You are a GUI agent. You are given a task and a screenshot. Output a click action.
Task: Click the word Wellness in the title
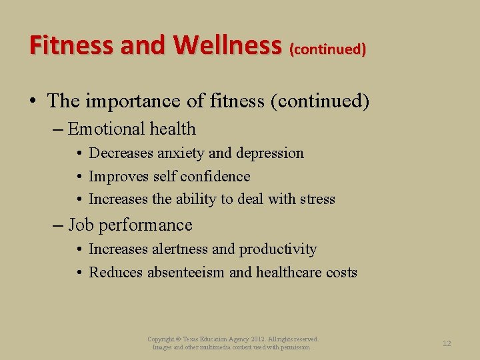227,45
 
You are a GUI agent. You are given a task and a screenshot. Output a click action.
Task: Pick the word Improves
119,177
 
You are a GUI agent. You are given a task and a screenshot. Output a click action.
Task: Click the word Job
81,225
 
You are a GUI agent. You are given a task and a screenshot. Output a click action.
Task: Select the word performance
145,225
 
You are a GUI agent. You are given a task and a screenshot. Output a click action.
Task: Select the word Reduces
116,273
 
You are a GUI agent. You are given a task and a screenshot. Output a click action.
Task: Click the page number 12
447,343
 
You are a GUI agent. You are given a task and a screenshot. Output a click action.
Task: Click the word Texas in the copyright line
194,339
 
